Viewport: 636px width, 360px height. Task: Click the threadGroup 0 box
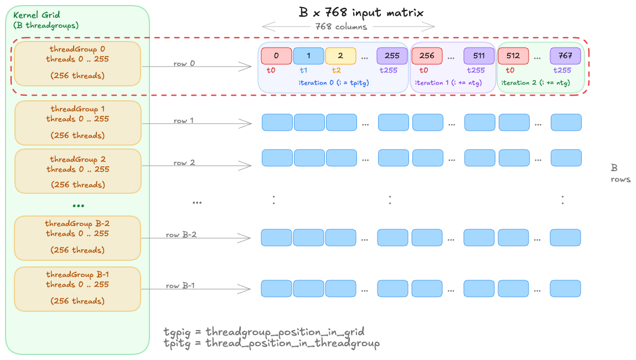77,64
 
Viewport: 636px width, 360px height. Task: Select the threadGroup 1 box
77,123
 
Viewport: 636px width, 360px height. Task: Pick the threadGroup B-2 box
77,238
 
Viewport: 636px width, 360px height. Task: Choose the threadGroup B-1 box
77,289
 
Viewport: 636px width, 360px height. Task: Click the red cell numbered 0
276,56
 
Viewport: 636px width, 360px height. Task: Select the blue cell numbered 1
308,56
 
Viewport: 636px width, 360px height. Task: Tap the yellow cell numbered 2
340,56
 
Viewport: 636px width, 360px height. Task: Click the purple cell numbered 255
392,56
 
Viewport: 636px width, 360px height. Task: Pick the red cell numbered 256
427,56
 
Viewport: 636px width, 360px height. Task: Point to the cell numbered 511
479,56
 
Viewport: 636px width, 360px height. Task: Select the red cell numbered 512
513,56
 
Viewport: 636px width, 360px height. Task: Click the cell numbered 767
565,56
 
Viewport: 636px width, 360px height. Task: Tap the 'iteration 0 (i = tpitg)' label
333,83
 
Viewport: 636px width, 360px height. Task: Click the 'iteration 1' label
448,83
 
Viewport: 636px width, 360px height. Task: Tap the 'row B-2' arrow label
181,235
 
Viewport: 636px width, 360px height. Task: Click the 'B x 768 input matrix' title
362,12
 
